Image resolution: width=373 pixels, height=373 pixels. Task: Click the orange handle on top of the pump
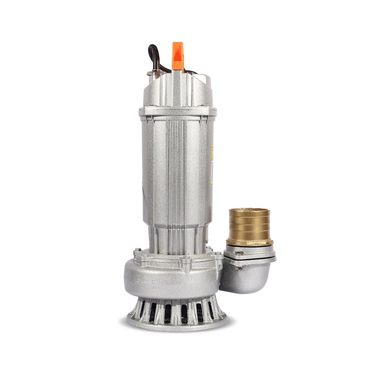pyautogui.click(x=177, y=56)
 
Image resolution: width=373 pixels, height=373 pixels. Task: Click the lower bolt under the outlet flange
pyautogui.click(x=240, y=268)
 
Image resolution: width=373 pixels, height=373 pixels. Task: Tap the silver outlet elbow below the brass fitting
pyautogui.click(x=246, y=280)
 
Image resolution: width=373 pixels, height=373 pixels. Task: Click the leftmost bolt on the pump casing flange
pyautogui.click(x=137, y=251)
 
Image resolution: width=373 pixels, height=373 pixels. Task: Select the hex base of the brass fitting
pyautogui.click(x=250, y=242)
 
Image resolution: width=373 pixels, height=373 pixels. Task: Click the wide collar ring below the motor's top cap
pyautogui.click(x=177, y=111)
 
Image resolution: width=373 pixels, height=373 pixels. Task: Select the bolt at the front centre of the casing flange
pyautogui.click(x=186, y=259)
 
